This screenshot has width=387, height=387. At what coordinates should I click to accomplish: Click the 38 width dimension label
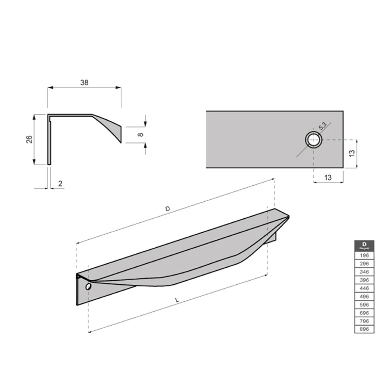[x=84, y=82]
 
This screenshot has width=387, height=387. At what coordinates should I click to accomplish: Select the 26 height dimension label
[x=29, y=139]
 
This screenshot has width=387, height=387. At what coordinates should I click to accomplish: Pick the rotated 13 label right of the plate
[x=351, y=153]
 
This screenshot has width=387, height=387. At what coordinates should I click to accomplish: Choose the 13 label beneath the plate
[x=329, y=178]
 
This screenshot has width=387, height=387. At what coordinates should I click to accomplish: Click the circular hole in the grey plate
[x=313, y=139]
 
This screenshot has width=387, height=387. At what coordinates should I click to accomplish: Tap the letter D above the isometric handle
[x=167, y=208]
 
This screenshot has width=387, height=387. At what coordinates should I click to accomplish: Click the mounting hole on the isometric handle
[x=88, y=286]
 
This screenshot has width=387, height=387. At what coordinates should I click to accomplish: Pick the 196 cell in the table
[x=364, y=255]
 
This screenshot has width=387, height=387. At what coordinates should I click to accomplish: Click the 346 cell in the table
[x=364, y=271]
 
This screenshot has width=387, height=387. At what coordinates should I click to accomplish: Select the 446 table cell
[x=364, y=287]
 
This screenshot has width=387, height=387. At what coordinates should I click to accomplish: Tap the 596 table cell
[x=364, y=304]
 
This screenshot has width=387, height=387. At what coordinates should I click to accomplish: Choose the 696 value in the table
[x=364, y=312]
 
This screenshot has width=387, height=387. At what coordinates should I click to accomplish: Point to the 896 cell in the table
[x=364, y=329]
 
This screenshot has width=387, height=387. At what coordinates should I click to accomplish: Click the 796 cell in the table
[x=364, y=320]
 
